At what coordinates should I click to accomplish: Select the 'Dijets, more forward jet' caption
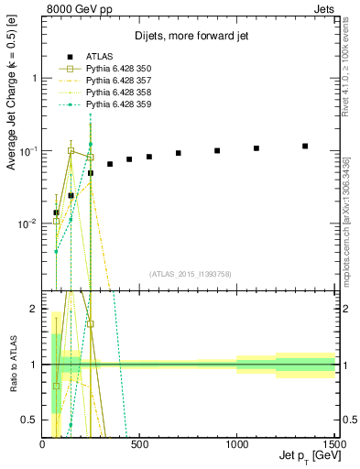click(190, 37)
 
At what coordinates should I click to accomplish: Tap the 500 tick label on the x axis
click(140, 444)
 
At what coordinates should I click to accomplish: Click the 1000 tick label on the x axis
click(236, 444)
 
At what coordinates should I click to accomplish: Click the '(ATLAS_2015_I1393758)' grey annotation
click(190, 273)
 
